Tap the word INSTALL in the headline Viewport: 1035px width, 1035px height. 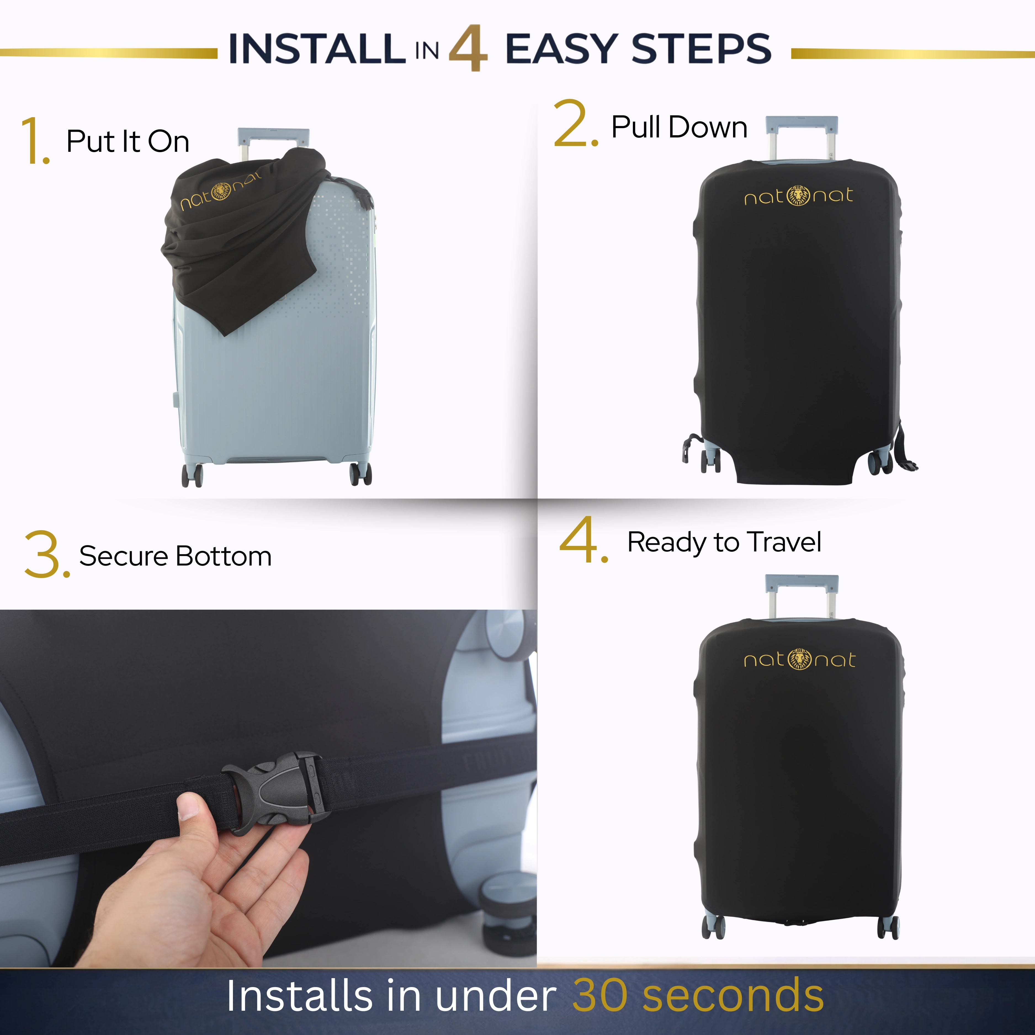click(x=317, y=48)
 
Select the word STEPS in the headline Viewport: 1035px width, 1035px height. click(x=702, y=48)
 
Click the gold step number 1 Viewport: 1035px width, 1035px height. click(x=35, y=140)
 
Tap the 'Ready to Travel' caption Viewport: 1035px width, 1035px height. click(x=724, y=543)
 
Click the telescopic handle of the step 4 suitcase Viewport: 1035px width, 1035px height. click(x=802, y=596)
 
